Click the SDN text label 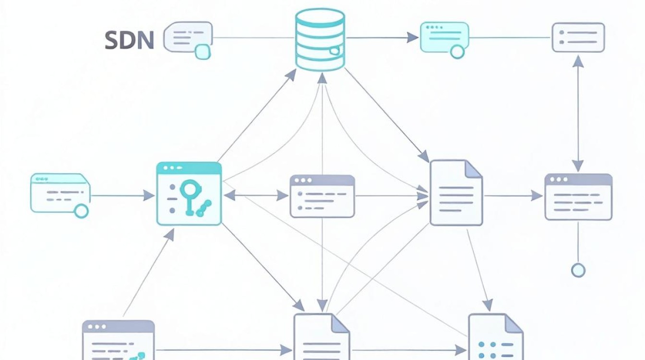click(x=129, y=40)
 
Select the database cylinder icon click(x=320, y=39)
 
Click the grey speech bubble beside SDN click(x=188, y=37)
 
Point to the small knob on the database click(x=334, y=51)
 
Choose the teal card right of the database click(x=444, y=37)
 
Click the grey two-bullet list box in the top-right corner click(x=578, y=37)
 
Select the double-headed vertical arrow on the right click(x=578, y=113)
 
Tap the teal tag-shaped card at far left click(x=60, y=192)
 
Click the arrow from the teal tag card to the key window click(x=123, y=196)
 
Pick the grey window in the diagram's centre click(x=322, y=196)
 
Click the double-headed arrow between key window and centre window click(x=256, y=195)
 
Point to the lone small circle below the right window click(x=578, y=270)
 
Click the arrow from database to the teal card click(x=382, y=37)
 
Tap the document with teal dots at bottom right click(x=496, y=337)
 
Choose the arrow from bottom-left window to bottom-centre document click(x=224, y=350)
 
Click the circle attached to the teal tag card click(x=82, y=211)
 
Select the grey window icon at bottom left click(x=119, y=340)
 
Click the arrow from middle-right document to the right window click(x=514, y=196)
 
